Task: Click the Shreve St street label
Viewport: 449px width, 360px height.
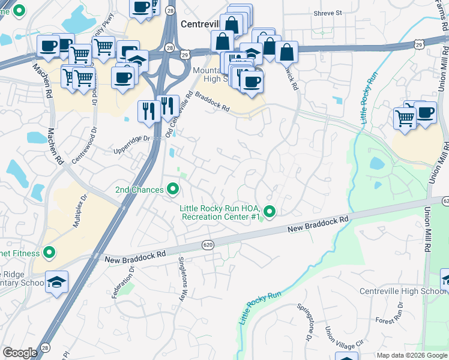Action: tap(327, 12)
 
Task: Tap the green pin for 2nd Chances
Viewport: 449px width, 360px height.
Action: tap(173, 190)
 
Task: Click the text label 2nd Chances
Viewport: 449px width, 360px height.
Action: tap(139, 190)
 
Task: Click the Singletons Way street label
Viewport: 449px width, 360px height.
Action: tap(182, 279)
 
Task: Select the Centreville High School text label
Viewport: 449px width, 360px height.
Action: tap(402, 292)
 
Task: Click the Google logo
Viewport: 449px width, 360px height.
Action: tap(20, 353)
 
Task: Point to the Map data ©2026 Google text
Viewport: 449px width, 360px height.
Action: tap(412, 355)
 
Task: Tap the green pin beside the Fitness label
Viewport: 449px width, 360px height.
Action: tap(49, 254)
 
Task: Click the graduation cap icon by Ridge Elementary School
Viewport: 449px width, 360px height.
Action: tap(56, 281)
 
